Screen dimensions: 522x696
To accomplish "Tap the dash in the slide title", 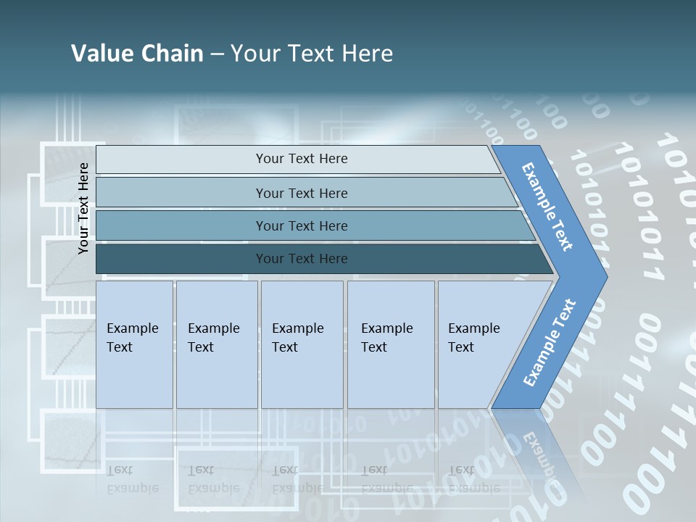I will click(217, 54).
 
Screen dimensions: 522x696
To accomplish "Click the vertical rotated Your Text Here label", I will click(83, 208).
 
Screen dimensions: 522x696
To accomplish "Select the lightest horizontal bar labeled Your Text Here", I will click(301, 159).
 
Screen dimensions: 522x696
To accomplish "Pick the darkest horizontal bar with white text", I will click(301, 259).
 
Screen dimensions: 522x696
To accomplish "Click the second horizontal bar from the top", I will click(301, 193).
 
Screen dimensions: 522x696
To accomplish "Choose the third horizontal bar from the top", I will click(301, 225).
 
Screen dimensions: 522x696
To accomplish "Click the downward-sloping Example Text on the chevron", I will click(547, 207).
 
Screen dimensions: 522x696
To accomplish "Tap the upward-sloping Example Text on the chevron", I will click(549, 343).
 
